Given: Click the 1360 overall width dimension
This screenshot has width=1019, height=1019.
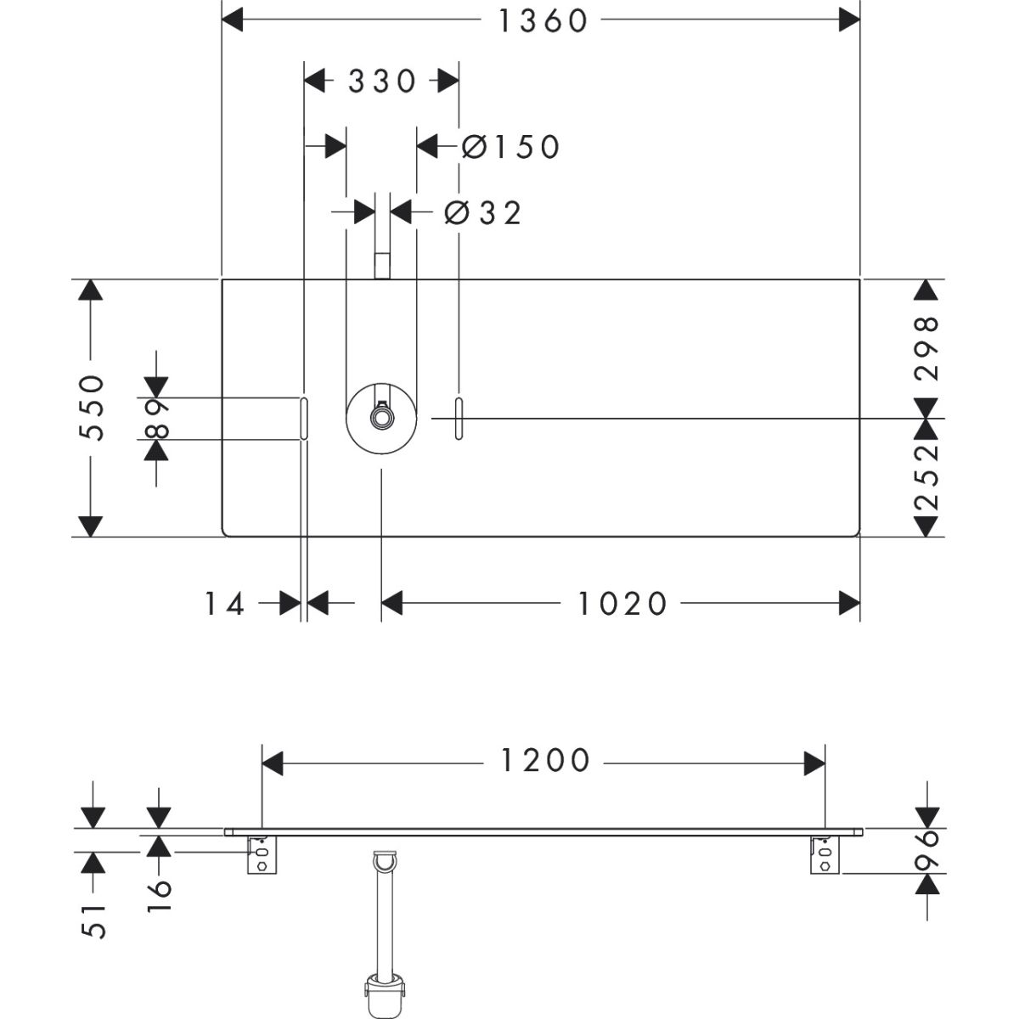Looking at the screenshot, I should pyautogui.click(x=542, y=20).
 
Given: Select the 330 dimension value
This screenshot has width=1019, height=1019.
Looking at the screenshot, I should pyautogui.click(x=381, y=82).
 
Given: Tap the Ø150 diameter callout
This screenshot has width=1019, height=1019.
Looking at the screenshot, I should pyautogui.click(x=510, y=147).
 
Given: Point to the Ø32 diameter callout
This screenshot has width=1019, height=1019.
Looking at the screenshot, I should pyautogui.click(x=482, y=213).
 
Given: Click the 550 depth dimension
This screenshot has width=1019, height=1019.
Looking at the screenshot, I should pyautogui.click(x=92, y=407).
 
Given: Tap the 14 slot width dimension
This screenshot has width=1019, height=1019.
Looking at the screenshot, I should pyautogui.click(x=224, y=604).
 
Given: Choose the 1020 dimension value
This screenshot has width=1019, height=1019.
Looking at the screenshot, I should pyautogui.click(x=622, y=604).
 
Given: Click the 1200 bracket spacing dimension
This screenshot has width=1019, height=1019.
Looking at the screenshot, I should pyautogui.click(x=543, y=761).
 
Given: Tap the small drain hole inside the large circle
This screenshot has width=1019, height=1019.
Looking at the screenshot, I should pyautogui.click(x=382, y=418).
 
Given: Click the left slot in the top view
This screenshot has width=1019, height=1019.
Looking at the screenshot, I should pyautogui.click(x=303, y=418).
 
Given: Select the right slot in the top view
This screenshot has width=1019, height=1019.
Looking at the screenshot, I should pyautogui.click(x=459, y=418).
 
